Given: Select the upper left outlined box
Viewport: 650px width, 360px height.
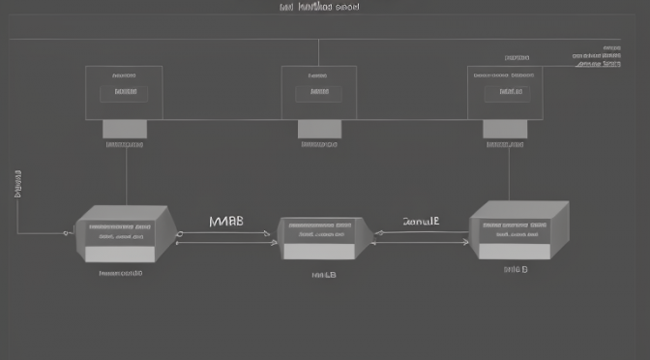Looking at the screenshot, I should [x=124, y=92].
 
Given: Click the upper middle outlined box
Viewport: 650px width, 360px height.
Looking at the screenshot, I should [x=318, y=92].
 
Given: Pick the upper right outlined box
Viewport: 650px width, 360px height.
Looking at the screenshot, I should [x=506, y=92].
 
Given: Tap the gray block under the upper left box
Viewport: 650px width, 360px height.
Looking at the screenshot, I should [x=124, y=129].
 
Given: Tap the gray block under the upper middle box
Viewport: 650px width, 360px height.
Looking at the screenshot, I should [x=319, y=129].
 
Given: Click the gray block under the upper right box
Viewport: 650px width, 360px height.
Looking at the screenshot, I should [x=506, y=129].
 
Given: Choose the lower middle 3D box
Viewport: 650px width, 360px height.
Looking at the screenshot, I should [x=321, y=238].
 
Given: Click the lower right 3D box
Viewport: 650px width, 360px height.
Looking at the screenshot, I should [x=517, y=230].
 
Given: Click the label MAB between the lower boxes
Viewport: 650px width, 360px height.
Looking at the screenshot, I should [x=226, y=222].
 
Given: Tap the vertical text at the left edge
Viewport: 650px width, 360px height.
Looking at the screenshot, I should [x=17, y=184].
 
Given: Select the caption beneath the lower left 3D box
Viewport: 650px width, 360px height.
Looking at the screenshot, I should [x=121, y=273].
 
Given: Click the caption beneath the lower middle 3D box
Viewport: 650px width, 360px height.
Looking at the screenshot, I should [x=323, y=275].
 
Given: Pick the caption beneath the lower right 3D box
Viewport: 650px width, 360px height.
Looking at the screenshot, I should [x=516, y=270].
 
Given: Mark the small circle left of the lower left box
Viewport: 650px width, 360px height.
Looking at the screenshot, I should [x=66, y=233].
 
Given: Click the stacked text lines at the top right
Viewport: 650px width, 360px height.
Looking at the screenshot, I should [x=597, y=55].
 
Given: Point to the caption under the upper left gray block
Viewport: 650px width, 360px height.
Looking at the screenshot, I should [x=124, y=144].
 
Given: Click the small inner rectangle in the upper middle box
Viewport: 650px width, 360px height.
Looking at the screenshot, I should [x=319, y=92].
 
